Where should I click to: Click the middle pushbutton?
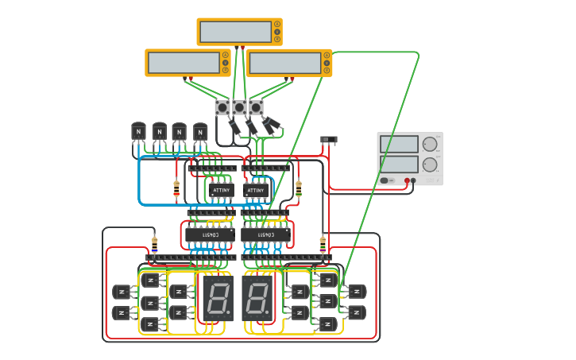coord(239,107)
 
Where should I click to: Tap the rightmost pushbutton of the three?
coord(256,107)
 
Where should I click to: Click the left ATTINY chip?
coord(222,191)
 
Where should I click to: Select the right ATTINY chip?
coord(255,191)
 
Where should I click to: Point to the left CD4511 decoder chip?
coord(210,235)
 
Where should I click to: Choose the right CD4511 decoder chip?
coord(265,235)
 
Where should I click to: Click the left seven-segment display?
coord(216,299)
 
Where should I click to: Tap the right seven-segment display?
coord(257,299)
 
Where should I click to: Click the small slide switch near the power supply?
coord(329,140)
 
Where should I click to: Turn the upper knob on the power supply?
coord(430,145)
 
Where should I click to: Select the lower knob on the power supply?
coord(430,165)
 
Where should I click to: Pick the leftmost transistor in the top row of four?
coord(139,132)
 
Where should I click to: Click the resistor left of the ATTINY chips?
coord(176,188)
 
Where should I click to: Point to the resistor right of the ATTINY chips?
coord(299,188)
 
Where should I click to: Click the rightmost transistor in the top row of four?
coord(200,132)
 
